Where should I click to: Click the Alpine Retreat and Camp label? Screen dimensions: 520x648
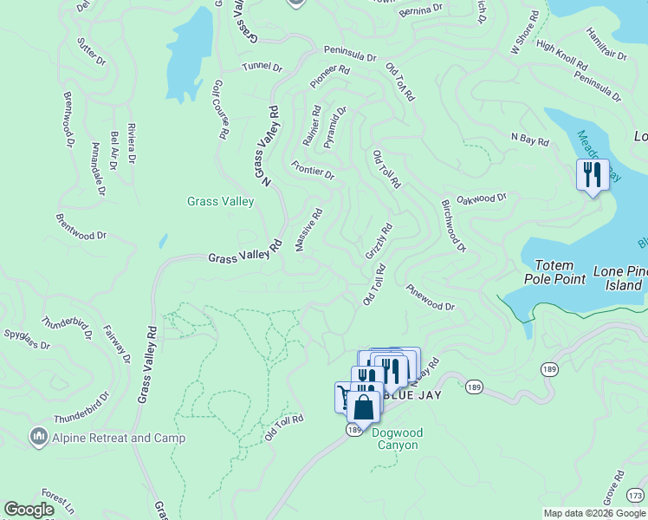(x=118, y=438)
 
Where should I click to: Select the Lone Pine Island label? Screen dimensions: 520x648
(x=619, y=278)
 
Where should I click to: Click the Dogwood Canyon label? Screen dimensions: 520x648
(x=396, y=439)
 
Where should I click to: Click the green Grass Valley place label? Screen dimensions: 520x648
(x=221, y=202)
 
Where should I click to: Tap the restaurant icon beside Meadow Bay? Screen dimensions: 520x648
(x=593, y=175)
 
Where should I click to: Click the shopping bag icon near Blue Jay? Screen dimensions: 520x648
(x=364, y=407)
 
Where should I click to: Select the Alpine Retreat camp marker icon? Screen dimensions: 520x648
(x=38, y=437)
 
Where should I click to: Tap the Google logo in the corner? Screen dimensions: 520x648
(x=29, y=510)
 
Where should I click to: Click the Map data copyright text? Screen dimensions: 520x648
(x=595, y=513)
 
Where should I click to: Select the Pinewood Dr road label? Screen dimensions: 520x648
(x=430, y=300)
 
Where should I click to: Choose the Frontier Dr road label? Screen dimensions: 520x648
(x=313, y=170)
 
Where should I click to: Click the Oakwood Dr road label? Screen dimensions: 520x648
(x=482, y=199)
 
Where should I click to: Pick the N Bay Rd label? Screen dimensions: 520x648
(x=530, y=140)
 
